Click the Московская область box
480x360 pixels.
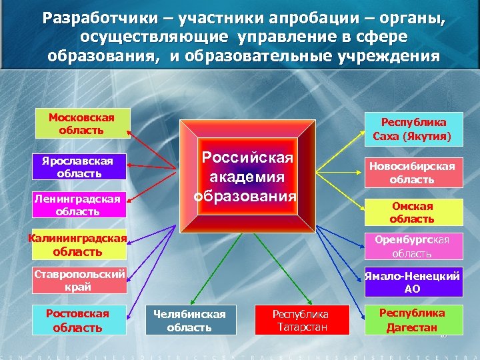(x=81, y=124)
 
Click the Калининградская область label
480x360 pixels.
(x=78, y=245)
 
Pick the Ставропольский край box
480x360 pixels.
(x=79, y=281)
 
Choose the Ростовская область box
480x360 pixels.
(x=78, y=319)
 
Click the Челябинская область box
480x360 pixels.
(x=190, y=320)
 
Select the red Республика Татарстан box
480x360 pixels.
(x=301, y=320)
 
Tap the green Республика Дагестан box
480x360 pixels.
(x=412, y=319)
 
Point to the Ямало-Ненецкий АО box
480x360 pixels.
(x=413, y=281)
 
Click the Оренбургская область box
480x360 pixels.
(x=413, y=246)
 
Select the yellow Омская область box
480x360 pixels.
(x=413, y=212)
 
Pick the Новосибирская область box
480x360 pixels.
(x=413, y=173)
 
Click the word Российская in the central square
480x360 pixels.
(x=247, y=158)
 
